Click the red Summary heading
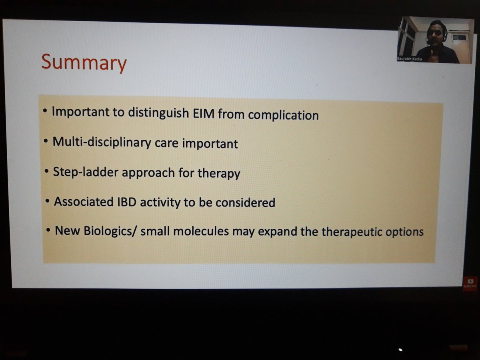click(x=84, y=63)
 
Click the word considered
click(x=245, y=203)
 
